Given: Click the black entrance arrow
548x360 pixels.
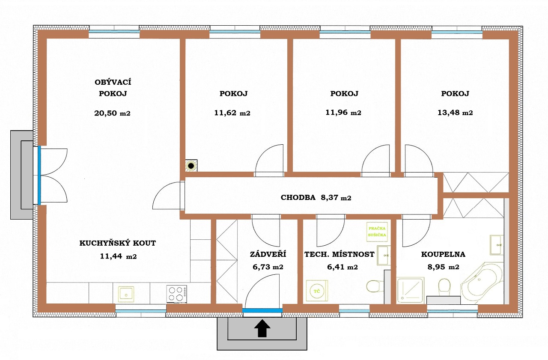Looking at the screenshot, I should [262, 329].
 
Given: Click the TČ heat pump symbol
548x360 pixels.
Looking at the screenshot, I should [317, 291].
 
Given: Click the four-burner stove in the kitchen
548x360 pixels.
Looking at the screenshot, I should [176, 293].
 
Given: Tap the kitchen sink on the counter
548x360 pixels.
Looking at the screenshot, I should [126, 294].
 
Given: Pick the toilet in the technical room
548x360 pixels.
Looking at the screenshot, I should [375, 285].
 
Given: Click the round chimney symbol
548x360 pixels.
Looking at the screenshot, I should [191, 165].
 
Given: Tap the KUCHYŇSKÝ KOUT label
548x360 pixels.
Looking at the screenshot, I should [118, 243].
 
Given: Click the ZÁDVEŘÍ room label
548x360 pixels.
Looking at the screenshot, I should [268, 254].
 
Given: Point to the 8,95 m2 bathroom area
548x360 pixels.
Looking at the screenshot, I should [443, 267].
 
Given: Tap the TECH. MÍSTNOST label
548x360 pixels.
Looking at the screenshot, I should [339, 254].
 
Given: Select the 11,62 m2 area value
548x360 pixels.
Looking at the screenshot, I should [232, 113].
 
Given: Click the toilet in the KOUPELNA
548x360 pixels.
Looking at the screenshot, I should [444, 286].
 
